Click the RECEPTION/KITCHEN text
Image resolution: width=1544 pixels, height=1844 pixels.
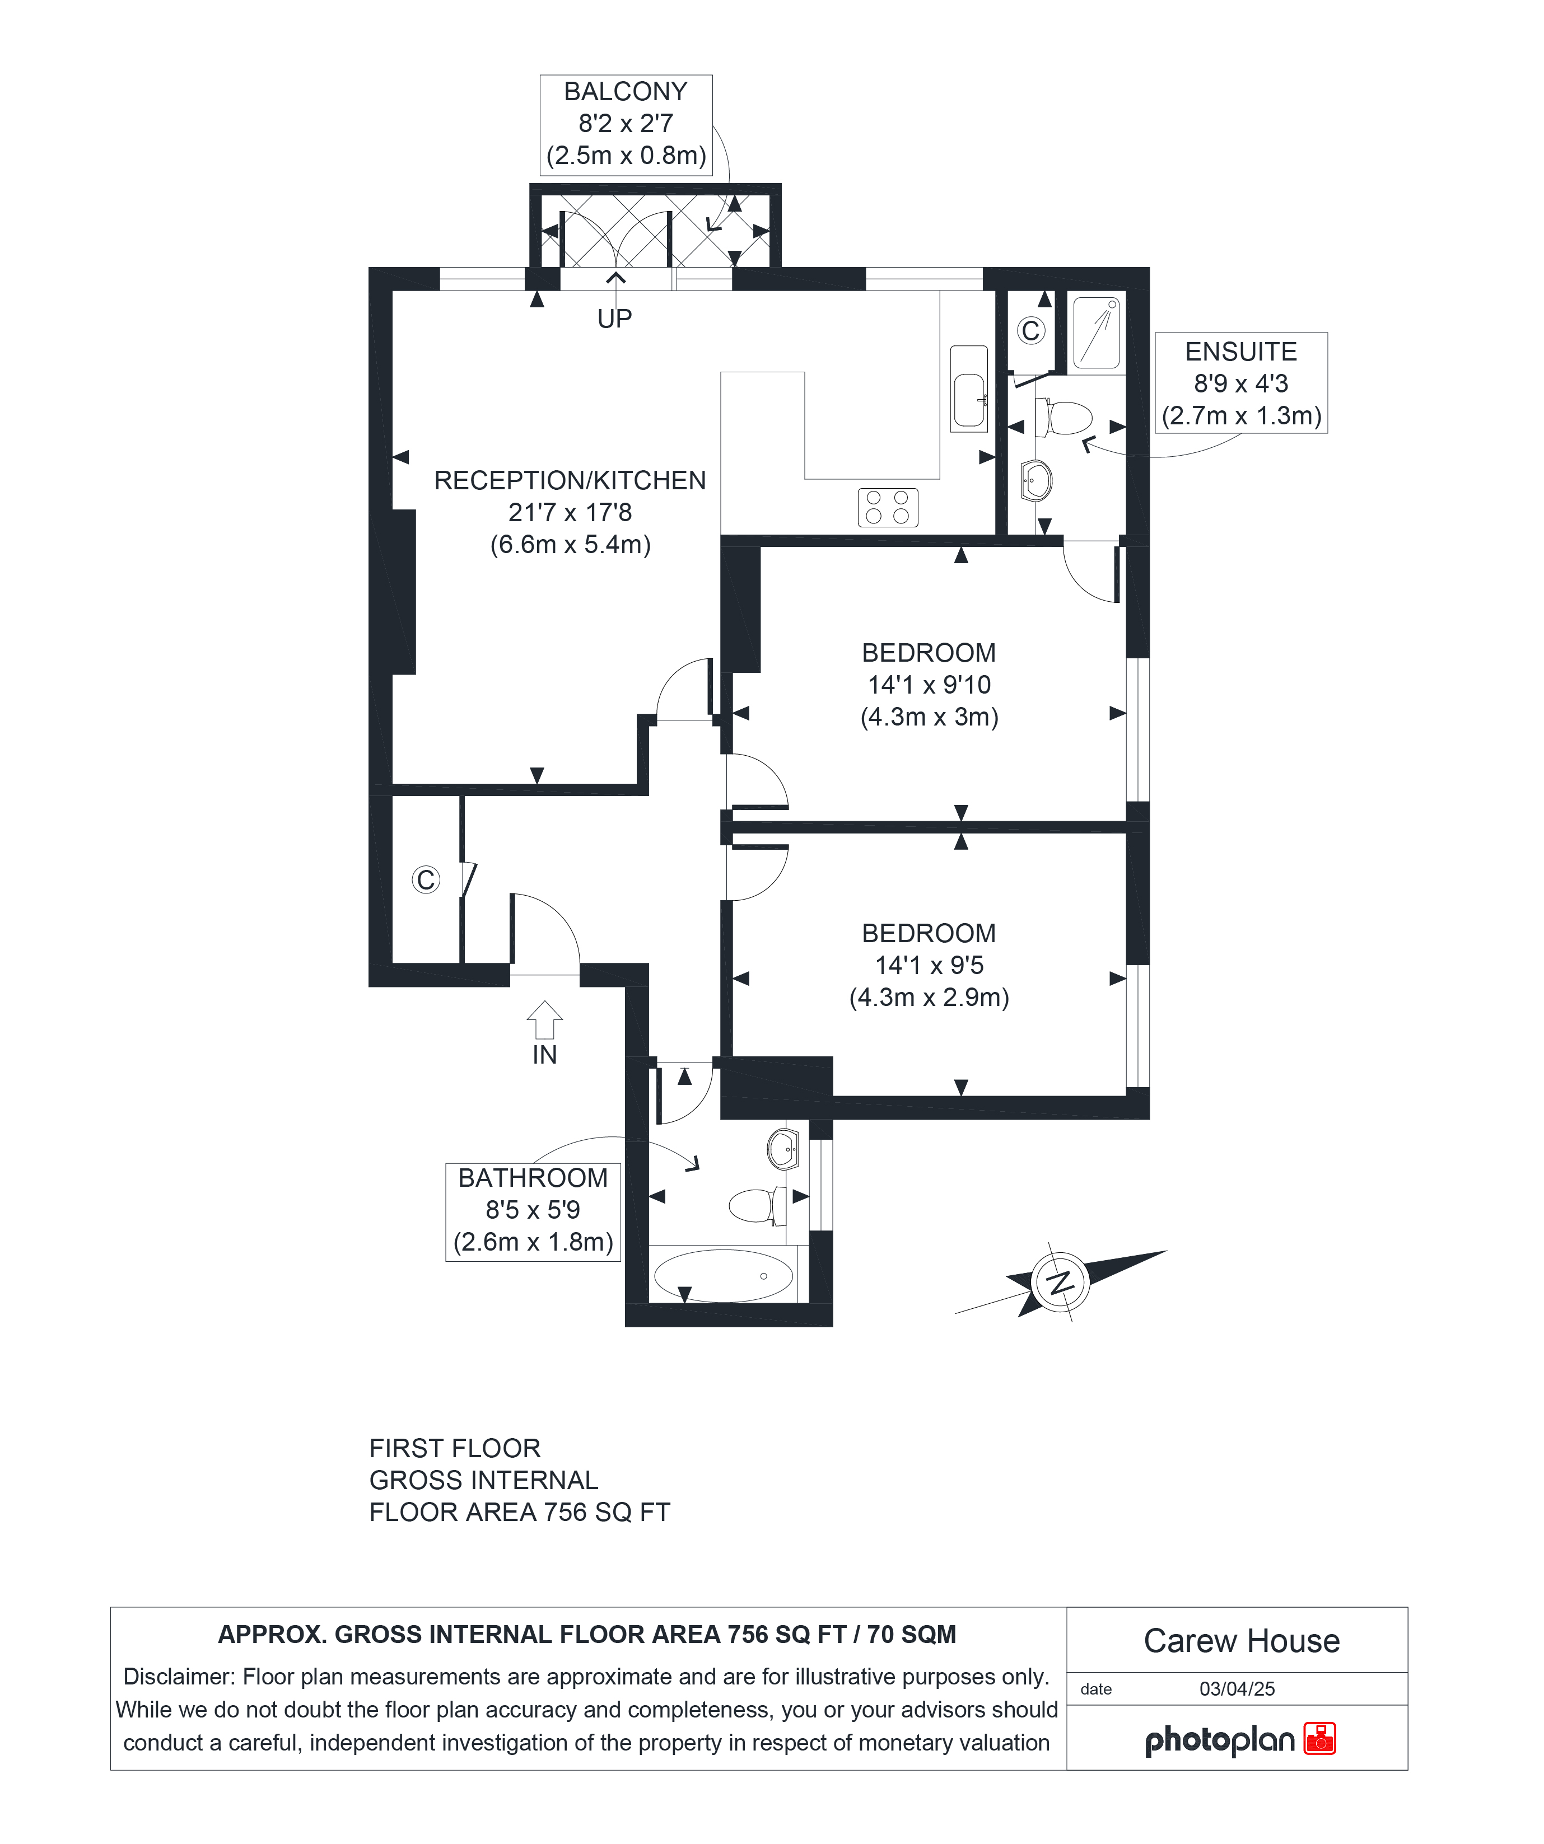pos(570,480)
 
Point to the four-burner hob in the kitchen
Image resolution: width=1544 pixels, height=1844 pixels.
pos(888,508)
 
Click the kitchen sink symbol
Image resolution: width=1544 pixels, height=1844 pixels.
pos(969,388)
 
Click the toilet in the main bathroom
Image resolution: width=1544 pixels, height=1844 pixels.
pos(758,1206)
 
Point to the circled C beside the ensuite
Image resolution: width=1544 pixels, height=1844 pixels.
pos(1031,331)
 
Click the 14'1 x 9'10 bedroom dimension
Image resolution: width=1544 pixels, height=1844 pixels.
pos(929,685)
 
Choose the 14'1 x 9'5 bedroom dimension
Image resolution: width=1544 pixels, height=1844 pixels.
pos(929,965)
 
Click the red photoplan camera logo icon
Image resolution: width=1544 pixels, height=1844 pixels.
pos(1319,1739)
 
